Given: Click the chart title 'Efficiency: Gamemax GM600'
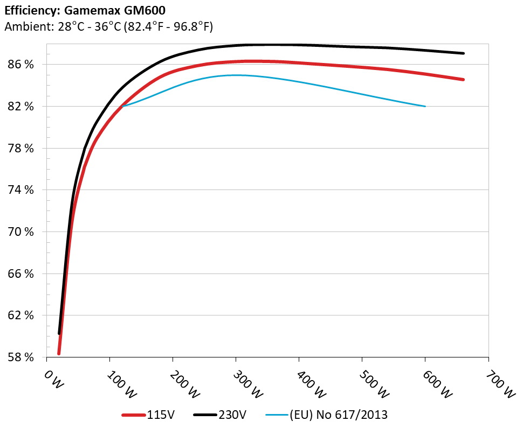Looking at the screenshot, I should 81,10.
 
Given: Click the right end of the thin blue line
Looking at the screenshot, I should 425,106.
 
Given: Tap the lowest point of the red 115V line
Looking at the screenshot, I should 59,353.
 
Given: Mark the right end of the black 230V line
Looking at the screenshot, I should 463,53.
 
